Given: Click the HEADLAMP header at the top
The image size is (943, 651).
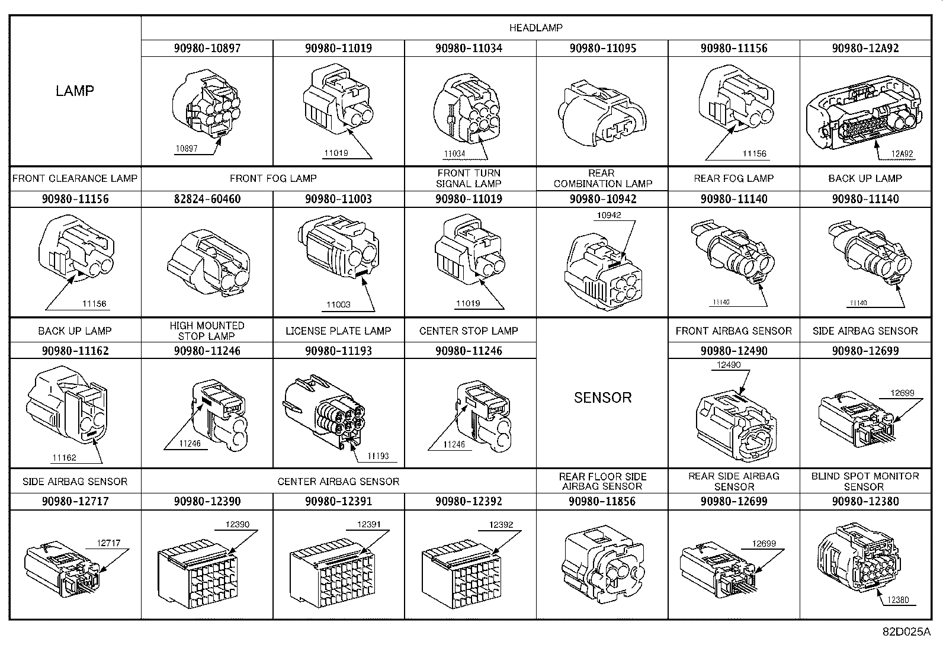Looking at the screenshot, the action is point(535,28).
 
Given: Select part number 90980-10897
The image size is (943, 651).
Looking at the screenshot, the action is point(207,48).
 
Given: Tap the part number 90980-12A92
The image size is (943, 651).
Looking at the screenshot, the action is point(865,48).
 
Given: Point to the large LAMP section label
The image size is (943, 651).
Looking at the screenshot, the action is point(75,91).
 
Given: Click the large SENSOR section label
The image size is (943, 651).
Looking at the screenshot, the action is point(602,397).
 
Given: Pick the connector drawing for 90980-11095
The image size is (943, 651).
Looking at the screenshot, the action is point(602,114).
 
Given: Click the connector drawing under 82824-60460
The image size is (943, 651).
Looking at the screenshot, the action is point(209,262).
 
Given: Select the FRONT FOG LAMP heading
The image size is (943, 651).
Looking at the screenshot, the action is point(273,178).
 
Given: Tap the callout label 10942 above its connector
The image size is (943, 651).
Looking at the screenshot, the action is point(609,215).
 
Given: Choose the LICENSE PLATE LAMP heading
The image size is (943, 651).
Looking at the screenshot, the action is point(338,331).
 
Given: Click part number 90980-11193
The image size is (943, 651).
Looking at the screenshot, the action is point(338,351).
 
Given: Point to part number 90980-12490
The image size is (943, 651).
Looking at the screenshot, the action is point(734,351).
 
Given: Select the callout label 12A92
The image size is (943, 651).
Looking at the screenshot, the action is point(902,153).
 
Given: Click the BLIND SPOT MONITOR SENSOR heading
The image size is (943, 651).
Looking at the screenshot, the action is point(865,482).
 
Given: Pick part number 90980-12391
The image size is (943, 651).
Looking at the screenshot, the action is point(338,501).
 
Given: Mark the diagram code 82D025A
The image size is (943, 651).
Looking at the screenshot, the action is point(906,631).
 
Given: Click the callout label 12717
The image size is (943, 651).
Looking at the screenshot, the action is point(108,543).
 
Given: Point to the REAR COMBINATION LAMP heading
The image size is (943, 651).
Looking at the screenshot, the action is point(602,178).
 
